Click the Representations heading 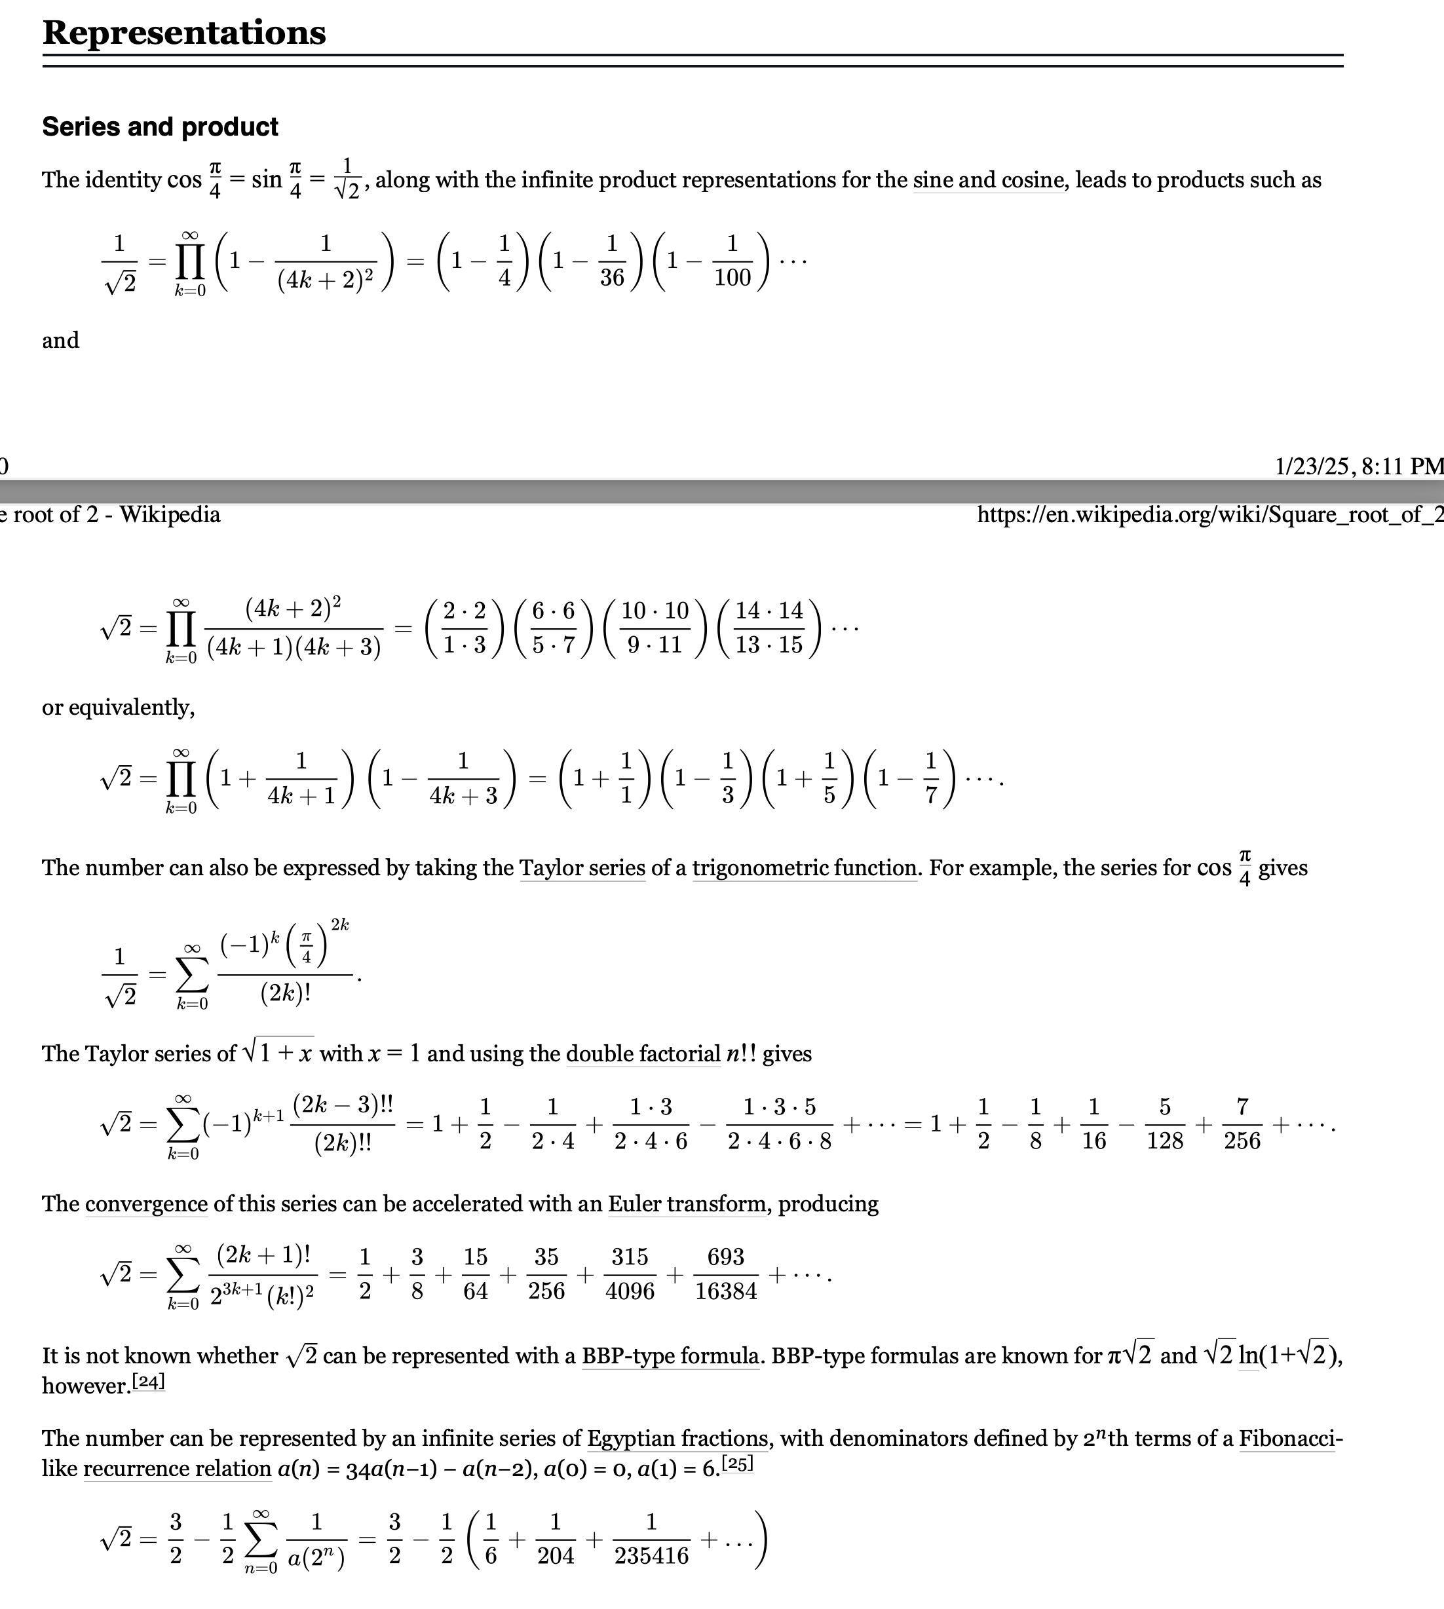pos(183,33)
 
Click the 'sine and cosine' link pos(988,180)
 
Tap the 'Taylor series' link pos(582,868)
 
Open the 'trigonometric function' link pos(805,868)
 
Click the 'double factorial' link pos(643,1053)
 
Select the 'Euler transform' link pos(687,1204)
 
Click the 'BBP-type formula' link pos(670,1356)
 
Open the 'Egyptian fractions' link pos(677,1439)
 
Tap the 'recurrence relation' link pos(177,1469)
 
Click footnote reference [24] pos(148,1382)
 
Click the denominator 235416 pos(651,1556)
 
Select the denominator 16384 pos(725,1292)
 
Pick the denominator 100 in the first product pos(732,278)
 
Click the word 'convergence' pos(146,1204)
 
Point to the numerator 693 pos(725,1258)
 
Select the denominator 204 pos(556,1556)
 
